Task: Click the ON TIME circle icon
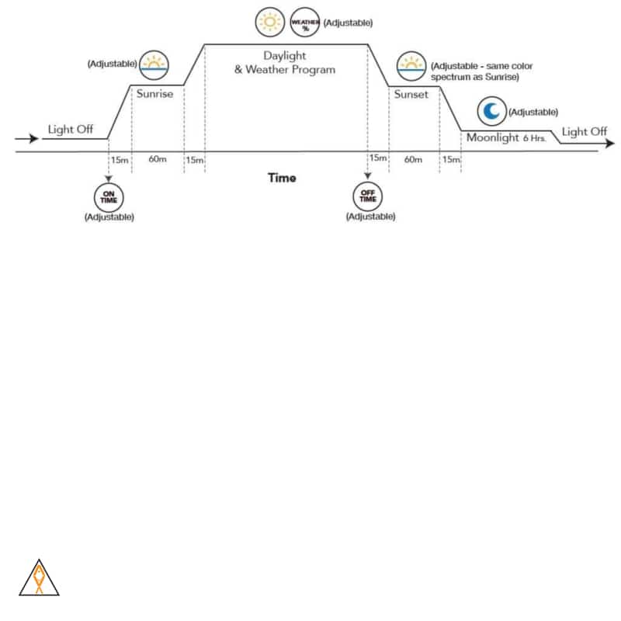click(x=109, y=196)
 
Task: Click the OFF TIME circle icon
click(x=368, y=196)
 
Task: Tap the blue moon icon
click(x=491, y=112)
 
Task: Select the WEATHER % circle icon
click(x=304, y=22)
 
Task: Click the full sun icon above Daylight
click(x=270, y=22)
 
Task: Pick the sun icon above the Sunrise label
click(x=154, y=64)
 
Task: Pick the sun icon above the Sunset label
click(x=411, y=64)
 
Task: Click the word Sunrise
click(x=154, y=94)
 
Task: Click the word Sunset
click(x=411, y=95)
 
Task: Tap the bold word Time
click(x=282, y=178)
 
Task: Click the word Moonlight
click(x=492, y=137)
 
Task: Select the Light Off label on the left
click(x=71, y=129)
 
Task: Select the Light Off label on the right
click(x=585, y=131)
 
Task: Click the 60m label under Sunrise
click(x=158, y=159)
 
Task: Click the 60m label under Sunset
click(x=413, y=159)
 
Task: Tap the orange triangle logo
click(x=39, y=578)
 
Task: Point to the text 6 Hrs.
click(x=534, y=139)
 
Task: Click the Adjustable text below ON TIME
click(x=109, y=217)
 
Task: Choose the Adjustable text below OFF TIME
click(x=370, y=217)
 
